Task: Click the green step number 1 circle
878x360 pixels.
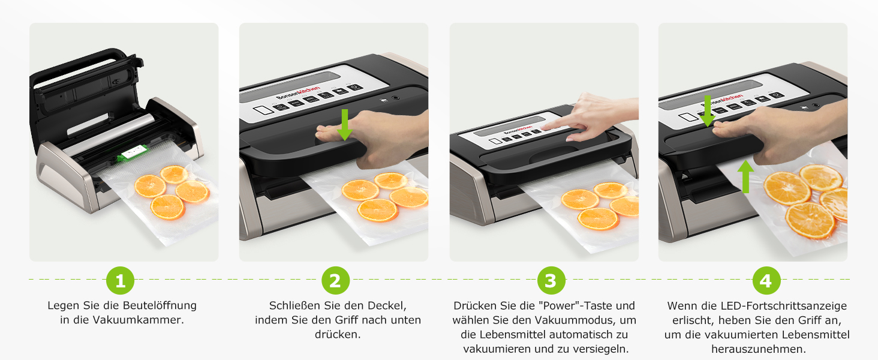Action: point(121,280)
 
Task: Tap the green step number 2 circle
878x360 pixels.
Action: point(335,280)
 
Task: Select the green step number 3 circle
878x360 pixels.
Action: point(551,280)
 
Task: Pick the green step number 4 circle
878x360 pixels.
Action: point(766,280)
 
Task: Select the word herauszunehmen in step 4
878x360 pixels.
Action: point(759,349)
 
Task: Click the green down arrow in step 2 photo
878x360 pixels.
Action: point(344,125)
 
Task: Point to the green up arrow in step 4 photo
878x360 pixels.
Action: point(745,176)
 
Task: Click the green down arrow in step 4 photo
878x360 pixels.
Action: point(708,112)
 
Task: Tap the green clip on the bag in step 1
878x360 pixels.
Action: point(133,152)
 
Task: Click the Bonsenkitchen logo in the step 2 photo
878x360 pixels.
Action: point(298,94)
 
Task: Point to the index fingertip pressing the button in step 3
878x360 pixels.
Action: point(545,127)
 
